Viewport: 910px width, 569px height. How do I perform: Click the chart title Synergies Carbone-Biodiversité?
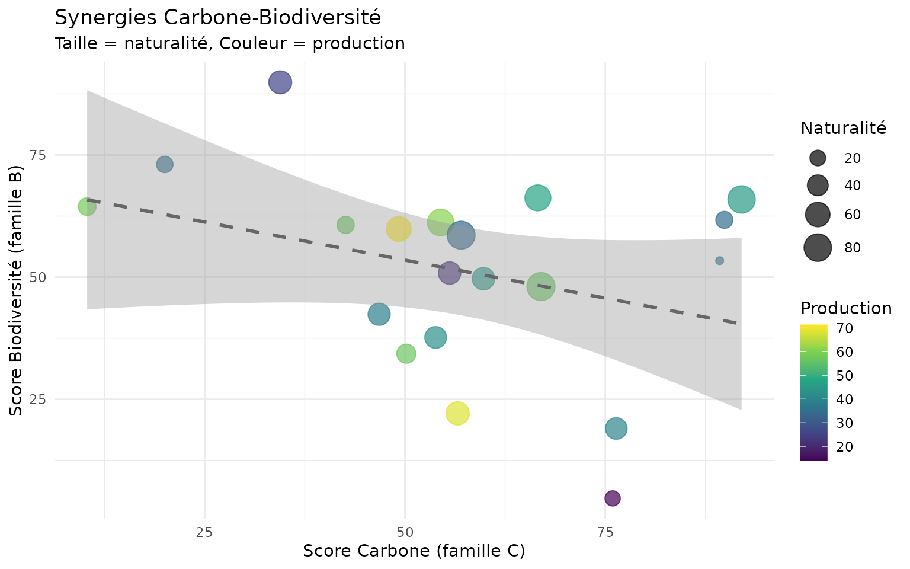pos(217,18)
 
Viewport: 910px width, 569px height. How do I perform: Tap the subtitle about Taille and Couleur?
pos(229,44)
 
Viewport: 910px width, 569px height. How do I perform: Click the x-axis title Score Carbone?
pos(414,551)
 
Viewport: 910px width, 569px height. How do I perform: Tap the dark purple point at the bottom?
pos(613,498)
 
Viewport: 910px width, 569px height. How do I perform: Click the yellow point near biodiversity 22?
pos(457,413)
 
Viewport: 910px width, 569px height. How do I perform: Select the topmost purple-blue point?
pos(280,82)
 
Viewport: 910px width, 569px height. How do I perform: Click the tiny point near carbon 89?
pos(719,261)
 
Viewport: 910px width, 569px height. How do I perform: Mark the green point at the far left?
pos(87,207)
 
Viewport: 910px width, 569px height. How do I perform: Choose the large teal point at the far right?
pos(741,200)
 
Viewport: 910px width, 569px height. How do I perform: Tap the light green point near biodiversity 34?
pos(406,354)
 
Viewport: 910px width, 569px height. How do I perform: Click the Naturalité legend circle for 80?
pos(818,248)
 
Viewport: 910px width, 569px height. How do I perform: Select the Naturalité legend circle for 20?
pos(818,158)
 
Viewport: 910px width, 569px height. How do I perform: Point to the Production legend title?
pos(845,308)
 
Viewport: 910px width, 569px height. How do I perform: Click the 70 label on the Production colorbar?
pos(844,328)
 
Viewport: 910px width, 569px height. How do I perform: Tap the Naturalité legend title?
pos(843,128)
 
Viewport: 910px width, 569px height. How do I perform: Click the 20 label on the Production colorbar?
pos(844,446)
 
